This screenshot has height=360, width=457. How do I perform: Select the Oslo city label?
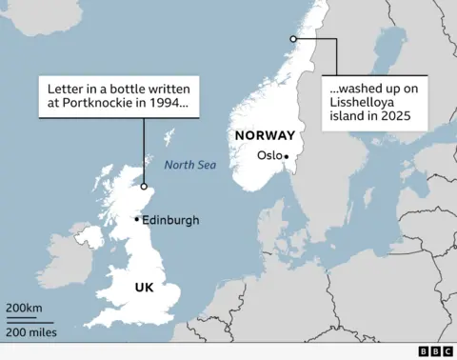click(x=269, y=156)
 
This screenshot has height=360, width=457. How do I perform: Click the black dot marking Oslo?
click(x=286, y=157)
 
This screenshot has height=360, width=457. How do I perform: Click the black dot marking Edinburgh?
click(x=137, y=219)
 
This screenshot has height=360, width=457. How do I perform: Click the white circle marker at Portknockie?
click(x=144, y=187)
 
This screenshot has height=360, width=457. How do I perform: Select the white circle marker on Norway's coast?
click(x=293, y=38)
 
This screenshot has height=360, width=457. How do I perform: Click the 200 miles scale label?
click(x=31, y=332)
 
